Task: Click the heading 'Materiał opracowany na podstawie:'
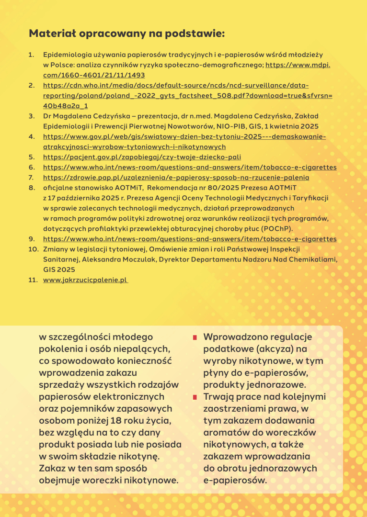click(127, 34)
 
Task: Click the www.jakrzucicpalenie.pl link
click(85, 280)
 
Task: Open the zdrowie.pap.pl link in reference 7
click(176, 178)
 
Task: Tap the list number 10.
click(33, 249)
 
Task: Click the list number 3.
click(31, 116)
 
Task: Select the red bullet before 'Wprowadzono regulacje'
click(195, 338)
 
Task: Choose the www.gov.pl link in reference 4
click(184, 137)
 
